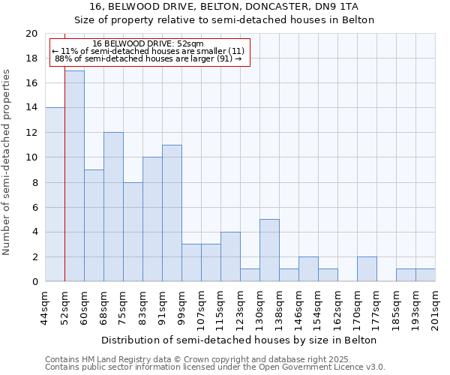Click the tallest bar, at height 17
(x=74, y=176)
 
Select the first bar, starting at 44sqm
(x=55, y=195)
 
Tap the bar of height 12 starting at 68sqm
(x=113, y=207)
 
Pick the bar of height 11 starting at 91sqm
(x=172, y=213)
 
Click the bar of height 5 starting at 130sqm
(x=269, y=250)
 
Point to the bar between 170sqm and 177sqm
(x=367, y=269)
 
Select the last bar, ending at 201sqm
(x=425, y=275)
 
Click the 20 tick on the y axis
(x=31, y=34)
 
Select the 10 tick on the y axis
(x=31, y=157)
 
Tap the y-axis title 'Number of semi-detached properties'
(x=7, y=162)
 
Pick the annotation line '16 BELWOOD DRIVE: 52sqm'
(x=148, y=44)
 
